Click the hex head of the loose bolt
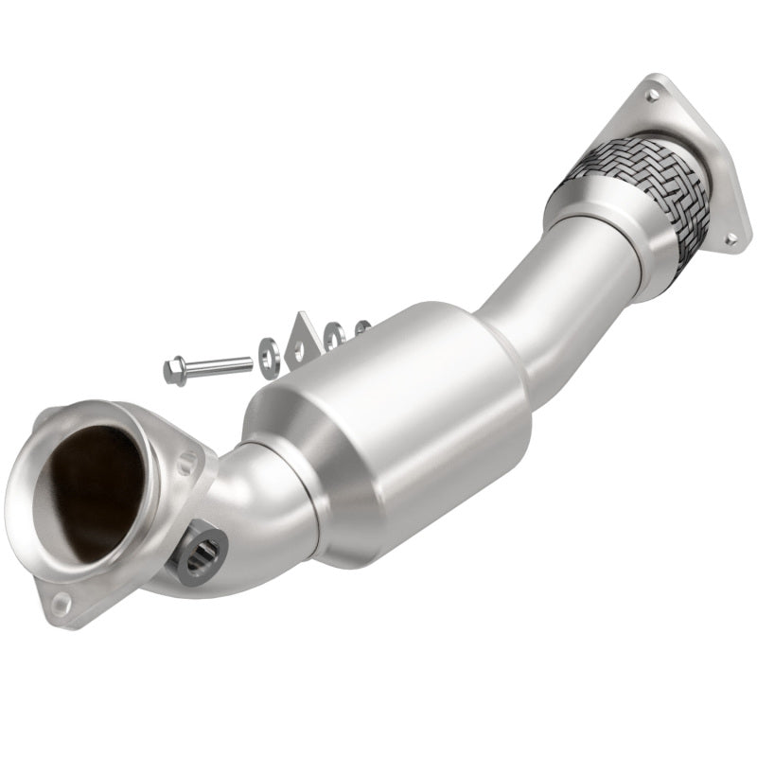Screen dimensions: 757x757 point(176,371)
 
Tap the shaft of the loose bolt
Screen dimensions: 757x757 point(220,363)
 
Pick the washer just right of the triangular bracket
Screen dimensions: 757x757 point(333,335)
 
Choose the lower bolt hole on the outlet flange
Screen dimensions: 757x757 point(730,240)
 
